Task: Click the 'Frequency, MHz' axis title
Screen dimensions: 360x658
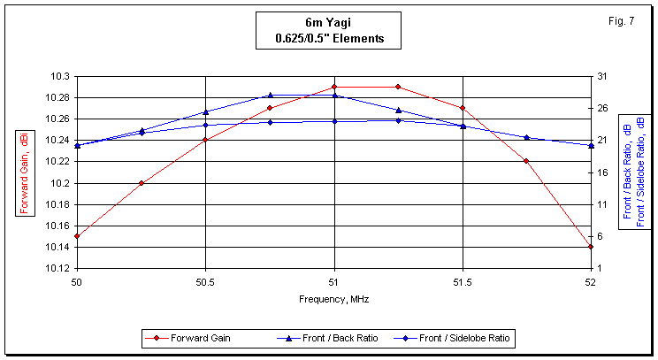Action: coord(333,299)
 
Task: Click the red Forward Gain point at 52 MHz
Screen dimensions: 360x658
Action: coord(591,247)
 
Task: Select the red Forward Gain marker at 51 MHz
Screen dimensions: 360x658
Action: coord(334,87)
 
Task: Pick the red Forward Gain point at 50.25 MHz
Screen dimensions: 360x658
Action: coord(142,183)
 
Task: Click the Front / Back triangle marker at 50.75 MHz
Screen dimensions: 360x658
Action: coord(270,95)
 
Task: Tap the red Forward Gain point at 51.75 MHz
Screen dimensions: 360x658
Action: coord(526,161)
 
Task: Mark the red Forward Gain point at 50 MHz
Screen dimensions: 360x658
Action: coord(77,236)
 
